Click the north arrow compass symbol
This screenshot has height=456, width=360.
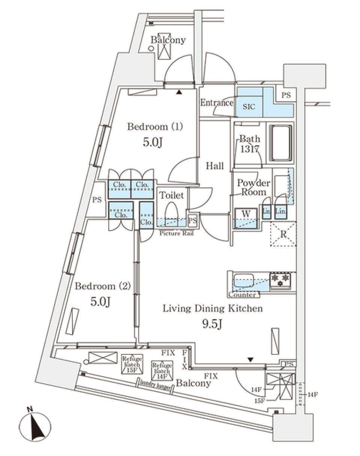pyautogui.click(x=34, y=426)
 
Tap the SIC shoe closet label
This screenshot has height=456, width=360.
pyautogui.click(x=249, y=106)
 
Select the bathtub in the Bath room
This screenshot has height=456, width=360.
pyautogui.click(x=280, y=143)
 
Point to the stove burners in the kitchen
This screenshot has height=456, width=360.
pyautogui.click(x=280, y=280)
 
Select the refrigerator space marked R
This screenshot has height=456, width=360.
pyautogui.click(x=283, y=234)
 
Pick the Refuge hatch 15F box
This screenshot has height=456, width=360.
pyautogui.click(x=131, y=364)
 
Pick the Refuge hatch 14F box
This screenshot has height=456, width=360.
pyautogui.click(x=162, y=370)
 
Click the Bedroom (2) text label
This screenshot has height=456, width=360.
pyautogui.click(x=102, y=286)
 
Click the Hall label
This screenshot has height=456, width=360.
pyautogui.click(x=215, y=166)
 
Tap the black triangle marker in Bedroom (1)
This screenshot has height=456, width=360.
pyautogui.click(x=180, y=92)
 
